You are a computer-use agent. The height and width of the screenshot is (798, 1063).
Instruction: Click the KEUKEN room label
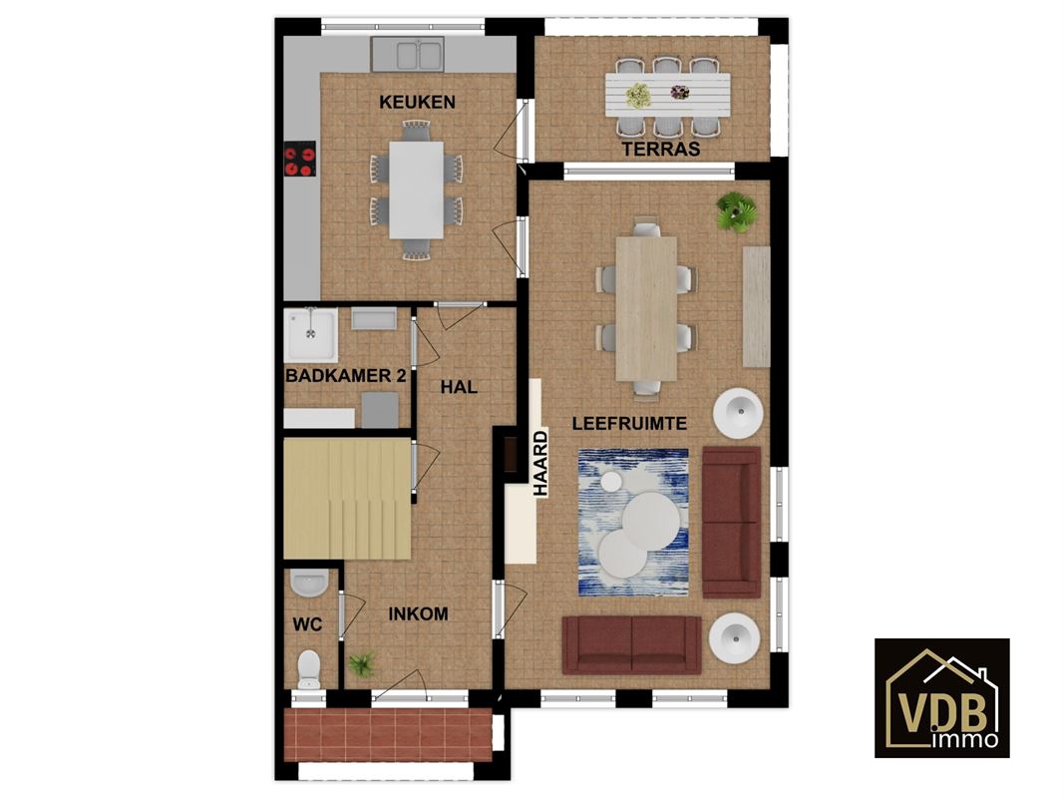[417, 103]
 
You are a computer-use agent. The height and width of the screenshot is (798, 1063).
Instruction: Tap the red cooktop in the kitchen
[299, 159]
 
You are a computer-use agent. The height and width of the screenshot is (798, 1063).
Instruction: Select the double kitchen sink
[408, 54]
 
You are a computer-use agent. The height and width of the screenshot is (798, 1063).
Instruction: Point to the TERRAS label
[661, 150]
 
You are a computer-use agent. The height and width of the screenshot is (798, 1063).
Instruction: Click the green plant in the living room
[736, 211]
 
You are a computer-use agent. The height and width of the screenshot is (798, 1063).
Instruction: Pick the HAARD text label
[540, 465]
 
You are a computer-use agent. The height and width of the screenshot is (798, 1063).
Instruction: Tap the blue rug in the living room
[633, 523]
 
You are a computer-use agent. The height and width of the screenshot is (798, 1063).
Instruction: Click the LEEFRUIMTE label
[629, 424]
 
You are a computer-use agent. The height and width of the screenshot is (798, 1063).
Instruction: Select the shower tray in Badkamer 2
[310, 335]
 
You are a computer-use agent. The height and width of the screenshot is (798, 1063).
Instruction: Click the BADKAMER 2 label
[346, 376]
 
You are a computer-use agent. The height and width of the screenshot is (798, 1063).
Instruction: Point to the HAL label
[459, 387]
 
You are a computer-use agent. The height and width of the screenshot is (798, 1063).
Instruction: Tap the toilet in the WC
[309, 669]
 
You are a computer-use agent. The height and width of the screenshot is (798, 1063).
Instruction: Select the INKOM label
[418, 614]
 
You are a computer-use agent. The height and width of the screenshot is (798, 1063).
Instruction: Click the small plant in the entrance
[362, 663]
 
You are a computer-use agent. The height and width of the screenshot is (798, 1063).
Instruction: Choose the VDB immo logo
[941, 697]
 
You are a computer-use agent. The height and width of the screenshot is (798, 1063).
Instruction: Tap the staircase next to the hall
[347, 499]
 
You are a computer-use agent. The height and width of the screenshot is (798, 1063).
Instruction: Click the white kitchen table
[416, 190]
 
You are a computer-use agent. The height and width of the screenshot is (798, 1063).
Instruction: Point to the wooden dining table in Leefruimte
[646, 308]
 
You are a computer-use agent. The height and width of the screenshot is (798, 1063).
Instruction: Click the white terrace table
[667, 95]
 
